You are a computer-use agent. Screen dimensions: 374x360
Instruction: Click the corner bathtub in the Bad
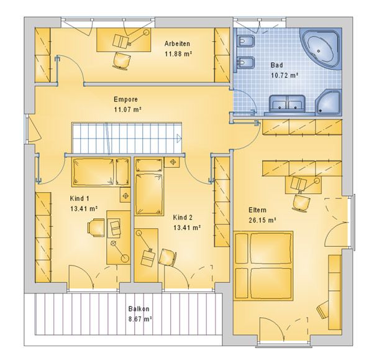tap(320, 48)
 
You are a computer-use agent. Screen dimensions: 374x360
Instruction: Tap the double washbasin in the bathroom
tap(287, 103)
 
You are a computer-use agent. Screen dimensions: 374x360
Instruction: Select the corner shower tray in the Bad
tap(329, 101)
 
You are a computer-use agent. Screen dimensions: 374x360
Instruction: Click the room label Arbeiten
tap(177, 44)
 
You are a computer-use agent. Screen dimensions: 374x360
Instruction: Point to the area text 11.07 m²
tap(128, 110)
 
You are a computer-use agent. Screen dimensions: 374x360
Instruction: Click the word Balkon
tap(139, 308)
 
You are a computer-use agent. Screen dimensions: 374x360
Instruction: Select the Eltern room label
tap(257, 210)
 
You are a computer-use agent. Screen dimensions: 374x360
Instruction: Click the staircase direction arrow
tap(179, 137)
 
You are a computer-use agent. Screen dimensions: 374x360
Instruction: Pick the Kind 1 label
tap(80, 198)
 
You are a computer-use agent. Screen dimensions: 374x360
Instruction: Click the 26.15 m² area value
tap(262, 220)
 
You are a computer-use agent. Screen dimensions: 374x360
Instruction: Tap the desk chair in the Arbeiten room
tap(122, 61)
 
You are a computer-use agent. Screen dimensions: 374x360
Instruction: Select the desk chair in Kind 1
tap(96, 228)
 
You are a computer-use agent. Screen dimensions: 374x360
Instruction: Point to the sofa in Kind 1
tap(101, 172)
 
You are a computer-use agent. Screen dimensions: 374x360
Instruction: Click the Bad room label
tap(276, 65)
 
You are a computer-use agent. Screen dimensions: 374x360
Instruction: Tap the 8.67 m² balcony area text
tap(140, 319)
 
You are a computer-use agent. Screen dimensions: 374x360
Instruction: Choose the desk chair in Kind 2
tap(168, 257)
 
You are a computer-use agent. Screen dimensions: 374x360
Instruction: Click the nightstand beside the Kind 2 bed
tap(172, 162)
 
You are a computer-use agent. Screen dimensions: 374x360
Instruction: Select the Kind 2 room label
tap(183, 218)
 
